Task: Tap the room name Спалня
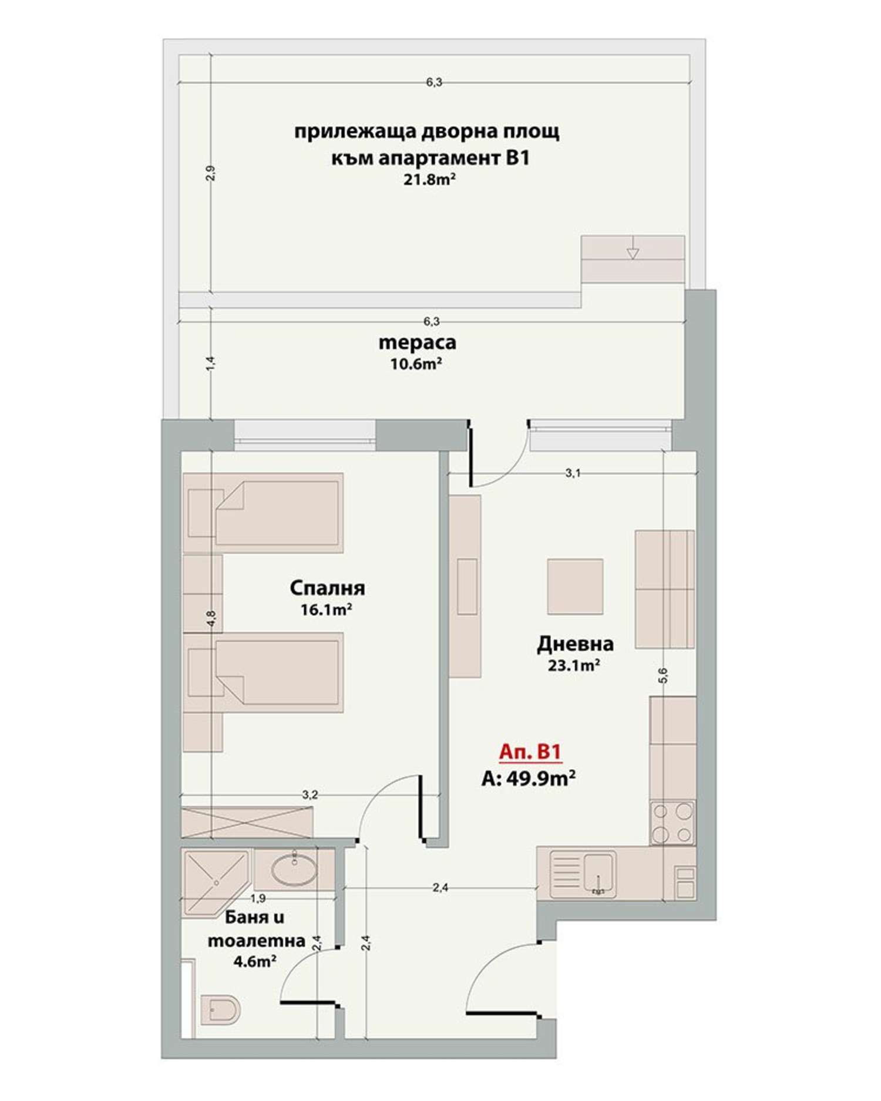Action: [x=327, y=588]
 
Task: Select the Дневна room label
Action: [x=575, y=644]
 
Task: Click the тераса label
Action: [x=417, y=342]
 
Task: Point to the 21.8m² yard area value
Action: [x=430, y=180]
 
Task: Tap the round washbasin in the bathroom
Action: [x=295, y=870]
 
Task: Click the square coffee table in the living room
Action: [x=575, y=586]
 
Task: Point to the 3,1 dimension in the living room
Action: [x=573, y=473]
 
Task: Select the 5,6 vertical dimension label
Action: [x=663, y=675]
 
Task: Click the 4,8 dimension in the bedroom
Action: [x=211, y=618]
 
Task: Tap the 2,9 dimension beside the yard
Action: [x=211, y=173]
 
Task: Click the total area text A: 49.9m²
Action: [x=528, y=778]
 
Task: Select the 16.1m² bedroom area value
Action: [x=326, y=610]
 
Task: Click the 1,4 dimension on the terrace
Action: [x=211, y=363]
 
